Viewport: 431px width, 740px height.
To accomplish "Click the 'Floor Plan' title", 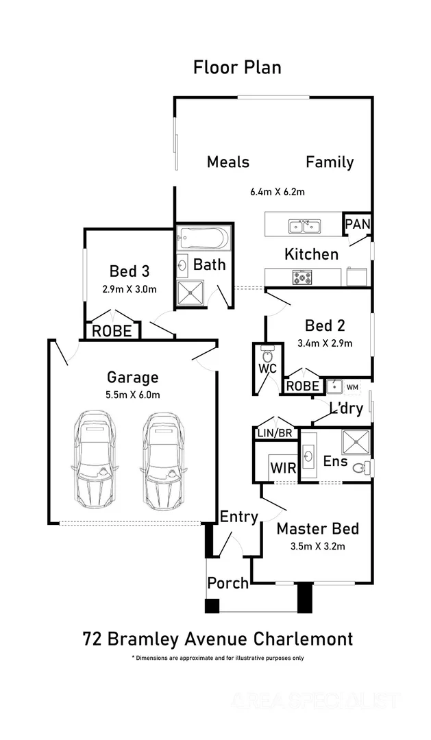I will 237,67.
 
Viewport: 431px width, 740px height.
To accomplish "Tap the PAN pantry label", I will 357,224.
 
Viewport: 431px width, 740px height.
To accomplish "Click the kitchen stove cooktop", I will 302,277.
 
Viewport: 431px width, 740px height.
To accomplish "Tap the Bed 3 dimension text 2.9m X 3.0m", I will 130,288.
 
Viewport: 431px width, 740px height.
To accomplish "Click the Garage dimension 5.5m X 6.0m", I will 133,394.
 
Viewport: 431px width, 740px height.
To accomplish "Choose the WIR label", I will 282,469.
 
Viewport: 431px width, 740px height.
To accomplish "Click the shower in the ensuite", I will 355,441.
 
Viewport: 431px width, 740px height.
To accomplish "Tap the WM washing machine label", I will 352,387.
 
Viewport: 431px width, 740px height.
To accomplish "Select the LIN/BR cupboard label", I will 273,432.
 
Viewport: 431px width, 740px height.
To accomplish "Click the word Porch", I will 228,583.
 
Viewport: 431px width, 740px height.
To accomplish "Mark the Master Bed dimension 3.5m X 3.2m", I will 317,546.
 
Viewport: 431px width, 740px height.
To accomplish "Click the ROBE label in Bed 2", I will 302,386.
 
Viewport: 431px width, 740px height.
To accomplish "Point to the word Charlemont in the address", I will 304,639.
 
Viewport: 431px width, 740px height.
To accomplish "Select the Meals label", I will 228,162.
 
